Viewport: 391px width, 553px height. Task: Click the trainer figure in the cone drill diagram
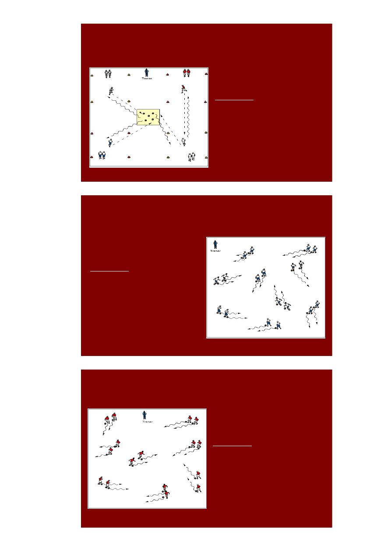147,72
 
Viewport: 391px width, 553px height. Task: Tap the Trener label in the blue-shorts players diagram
215,251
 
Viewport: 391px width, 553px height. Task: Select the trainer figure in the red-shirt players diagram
144,415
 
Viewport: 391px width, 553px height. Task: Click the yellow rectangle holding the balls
148,117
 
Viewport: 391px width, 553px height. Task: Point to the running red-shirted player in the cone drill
184,89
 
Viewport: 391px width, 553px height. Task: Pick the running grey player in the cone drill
111,91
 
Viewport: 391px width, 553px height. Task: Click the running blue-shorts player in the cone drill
110,142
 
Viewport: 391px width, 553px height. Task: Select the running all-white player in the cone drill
183,142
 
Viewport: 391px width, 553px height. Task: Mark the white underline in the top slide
234,100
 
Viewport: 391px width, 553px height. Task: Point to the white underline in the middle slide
109,271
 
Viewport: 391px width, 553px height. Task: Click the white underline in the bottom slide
232,446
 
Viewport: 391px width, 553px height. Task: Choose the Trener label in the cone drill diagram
147,79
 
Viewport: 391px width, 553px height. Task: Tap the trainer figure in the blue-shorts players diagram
215,244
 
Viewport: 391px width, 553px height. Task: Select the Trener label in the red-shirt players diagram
147,422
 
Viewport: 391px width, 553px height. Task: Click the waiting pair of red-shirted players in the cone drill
187,73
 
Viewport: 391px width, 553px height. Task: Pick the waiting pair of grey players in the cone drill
108,74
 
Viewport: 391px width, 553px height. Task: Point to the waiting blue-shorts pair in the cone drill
102,155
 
